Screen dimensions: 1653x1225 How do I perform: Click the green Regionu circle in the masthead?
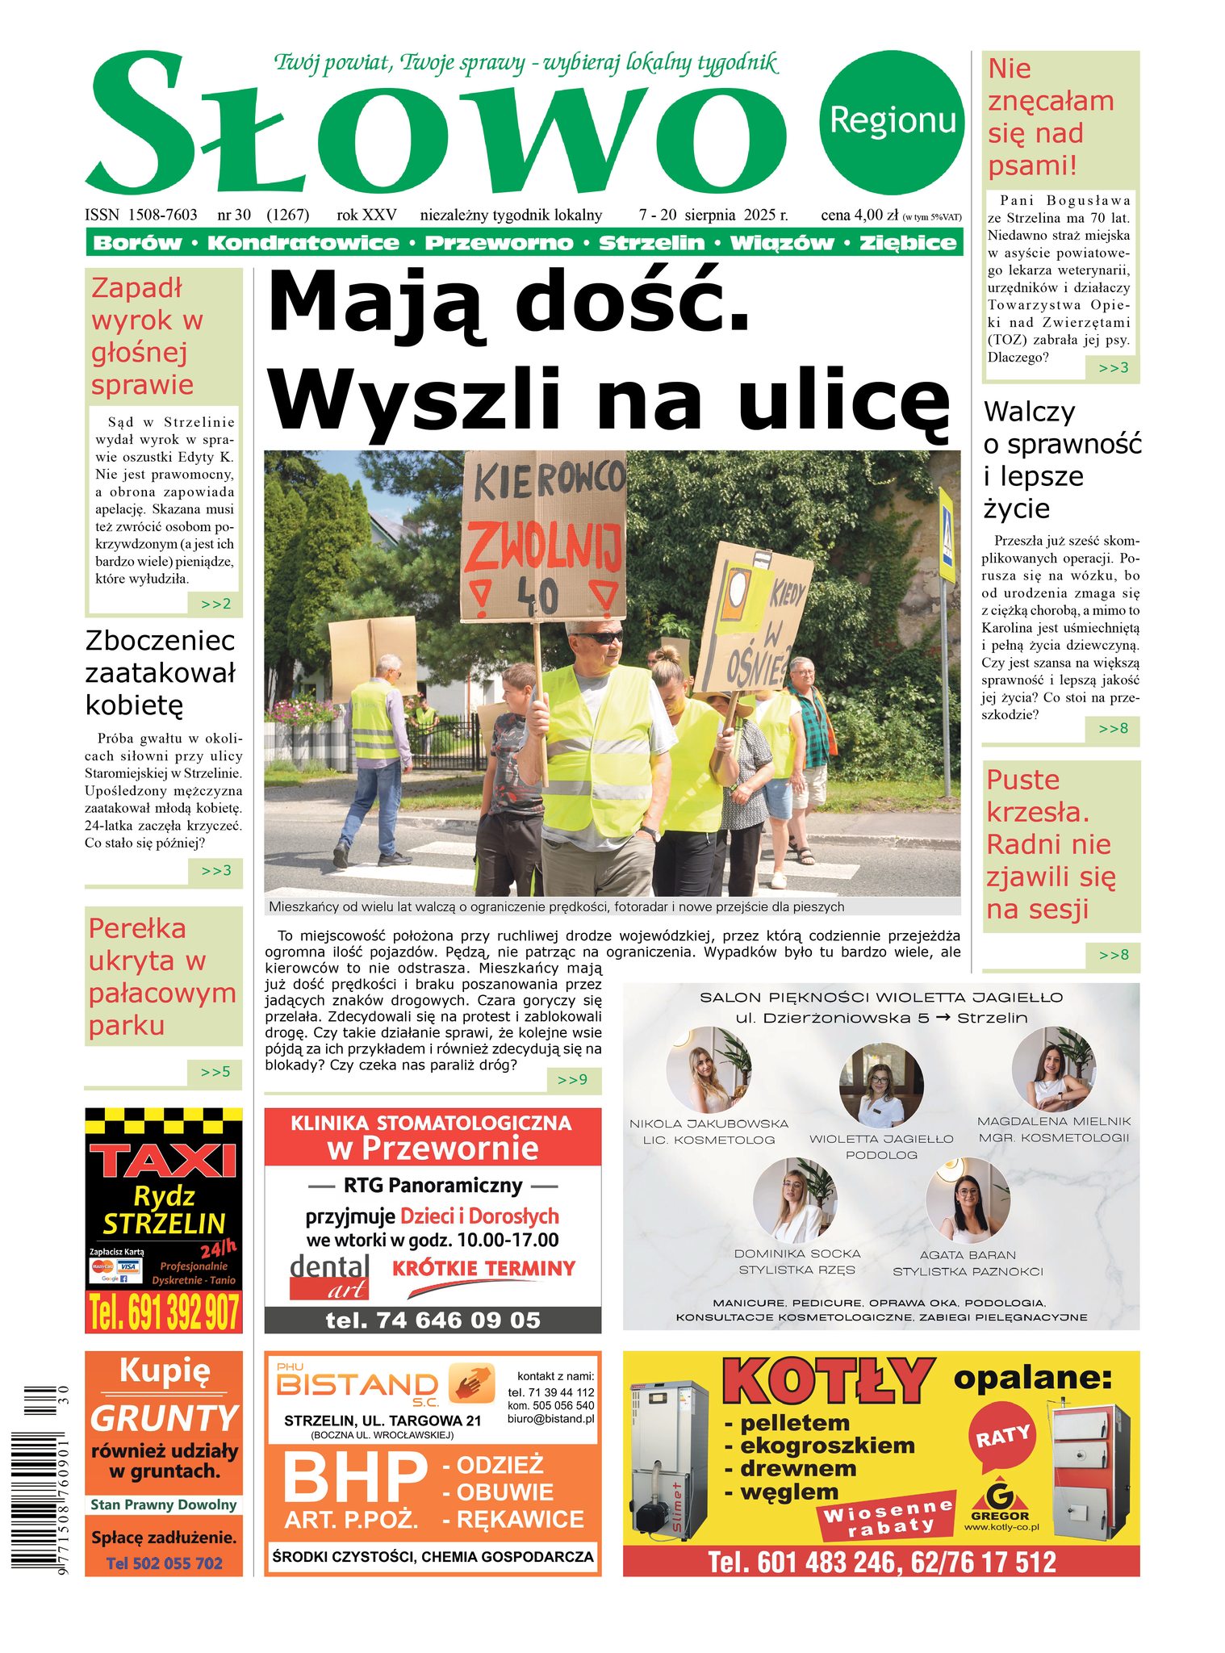point(891,122)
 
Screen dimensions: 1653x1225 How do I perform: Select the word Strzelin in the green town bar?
point(651,243)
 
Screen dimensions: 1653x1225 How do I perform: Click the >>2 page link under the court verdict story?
point(215,604)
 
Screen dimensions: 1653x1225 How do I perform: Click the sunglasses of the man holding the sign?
point(599,638)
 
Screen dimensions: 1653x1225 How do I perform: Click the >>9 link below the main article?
point(572,1080)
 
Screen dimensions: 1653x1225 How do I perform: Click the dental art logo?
point(329,1276)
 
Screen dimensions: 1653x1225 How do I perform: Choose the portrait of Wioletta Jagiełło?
point(880,1084)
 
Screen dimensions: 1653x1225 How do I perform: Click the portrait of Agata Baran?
point(967,1200)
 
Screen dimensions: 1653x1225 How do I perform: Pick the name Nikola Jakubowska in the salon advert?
point(709,1124)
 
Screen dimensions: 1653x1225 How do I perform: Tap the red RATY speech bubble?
point(1002,1437)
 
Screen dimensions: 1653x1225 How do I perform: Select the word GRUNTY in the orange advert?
point(164,1419)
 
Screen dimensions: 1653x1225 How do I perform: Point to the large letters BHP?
point(354,1477)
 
